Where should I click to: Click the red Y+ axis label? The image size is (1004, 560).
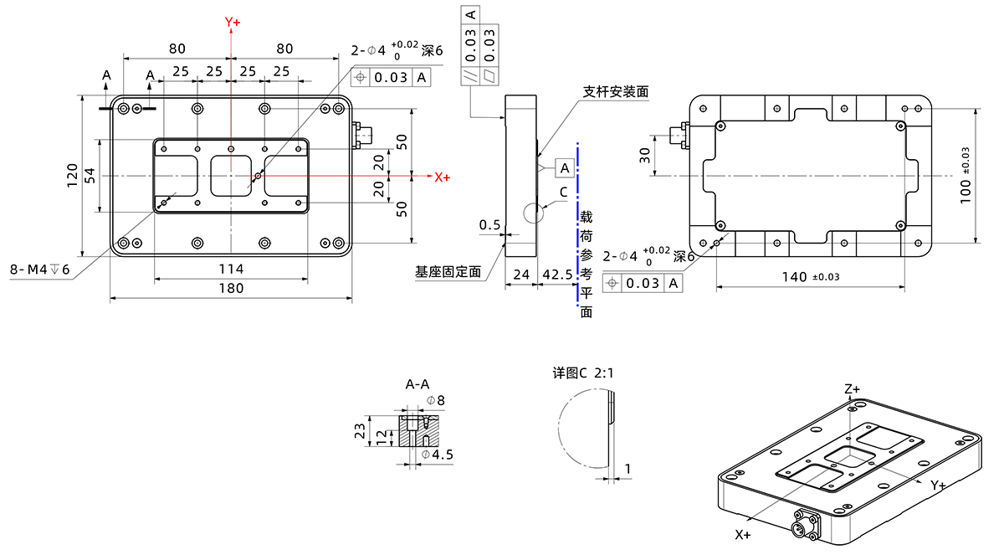(x=232, y=23)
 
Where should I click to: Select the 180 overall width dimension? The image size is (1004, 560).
(x=231, y=288)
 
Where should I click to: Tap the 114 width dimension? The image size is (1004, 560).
(x=231, y=269)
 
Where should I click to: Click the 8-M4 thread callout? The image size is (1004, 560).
(x=39, y=270)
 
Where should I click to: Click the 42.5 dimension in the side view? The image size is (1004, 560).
(x=556, y=275)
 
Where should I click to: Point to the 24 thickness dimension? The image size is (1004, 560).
(x=521, y=275)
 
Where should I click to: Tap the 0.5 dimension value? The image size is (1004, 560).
(x=490, y=225)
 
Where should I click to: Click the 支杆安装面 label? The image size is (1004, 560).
(x=617, y=90)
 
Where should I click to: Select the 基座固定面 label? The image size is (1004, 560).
(x=448, y=271)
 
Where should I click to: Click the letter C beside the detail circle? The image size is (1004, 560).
(x=564, y=192)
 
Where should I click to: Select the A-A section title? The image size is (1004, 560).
(x=423, y=385)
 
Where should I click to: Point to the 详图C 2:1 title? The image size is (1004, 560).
(x=581, y=373)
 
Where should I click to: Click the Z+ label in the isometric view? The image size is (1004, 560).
(x=853, y=389)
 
